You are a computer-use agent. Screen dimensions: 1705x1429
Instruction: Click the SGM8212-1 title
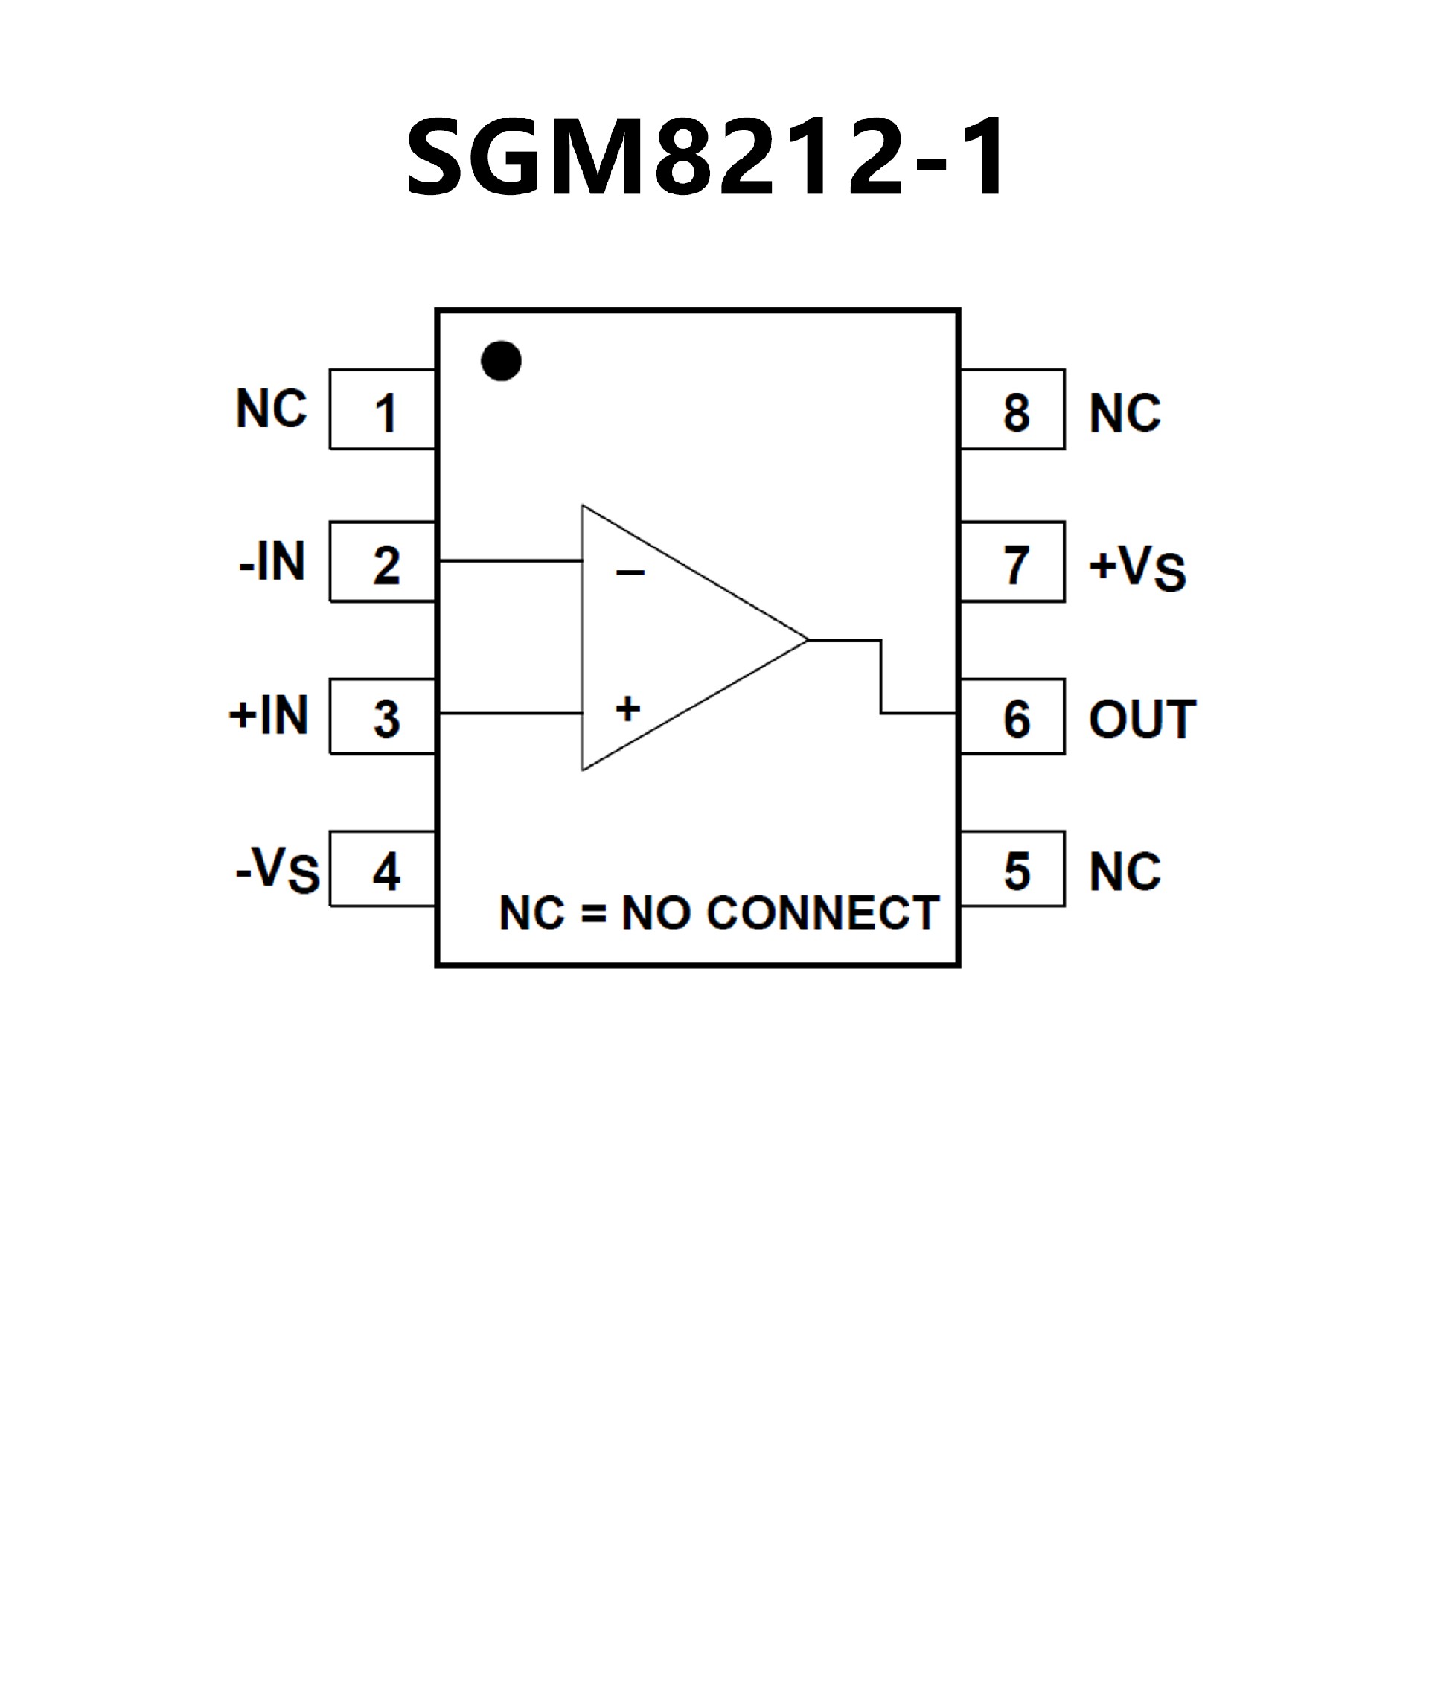click(706, 158)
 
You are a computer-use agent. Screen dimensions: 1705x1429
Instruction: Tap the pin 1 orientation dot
click(501, 360)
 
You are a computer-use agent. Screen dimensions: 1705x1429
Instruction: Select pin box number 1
click(383, 410)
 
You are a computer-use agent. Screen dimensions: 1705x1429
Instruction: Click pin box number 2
click(383, 563)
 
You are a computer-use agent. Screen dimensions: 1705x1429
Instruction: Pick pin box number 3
click(383, 717)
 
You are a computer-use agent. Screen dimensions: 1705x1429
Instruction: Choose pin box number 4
click(383, 869)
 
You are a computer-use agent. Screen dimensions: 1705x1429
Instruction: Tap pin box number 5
click(1012, 869)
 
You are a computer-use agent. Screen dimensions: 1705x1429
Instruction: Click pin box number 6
click(1012, 717)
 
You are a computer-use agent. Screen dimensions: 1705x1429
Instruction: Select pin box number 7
click(1012, 563)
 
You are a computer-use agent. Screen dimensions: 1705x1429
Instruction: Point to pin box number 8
click(1012, 410)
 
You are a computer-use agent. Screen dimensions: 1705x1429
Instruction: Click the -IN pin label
click(272, 562)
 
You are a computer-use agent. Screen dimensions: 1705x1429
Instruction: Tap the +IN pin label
click(269, 715)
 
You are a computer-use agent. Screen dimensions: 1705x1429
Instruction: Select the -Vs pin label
click(278, 869)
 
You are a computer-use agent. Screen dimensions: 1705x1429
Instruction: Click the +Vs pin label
click(1137, 566)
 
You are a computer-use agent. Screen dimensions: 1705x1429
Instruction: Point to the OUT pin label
click(1142, 720)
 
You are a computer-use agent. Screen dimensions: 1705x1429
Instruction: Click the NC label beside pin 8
click(1125, 413)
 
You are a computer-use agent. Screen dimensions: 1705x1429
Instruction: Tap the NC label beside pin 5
click(1125, 872)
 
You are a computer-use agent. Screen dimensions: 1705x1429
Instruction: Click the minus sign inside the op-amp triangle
click(630, 573)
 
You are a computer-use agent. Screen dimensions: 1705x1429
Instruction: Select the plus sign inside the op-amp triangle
click(627, 708)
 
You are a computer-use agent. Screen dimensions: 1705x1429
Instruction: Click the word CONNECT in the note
click(822, 912)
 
